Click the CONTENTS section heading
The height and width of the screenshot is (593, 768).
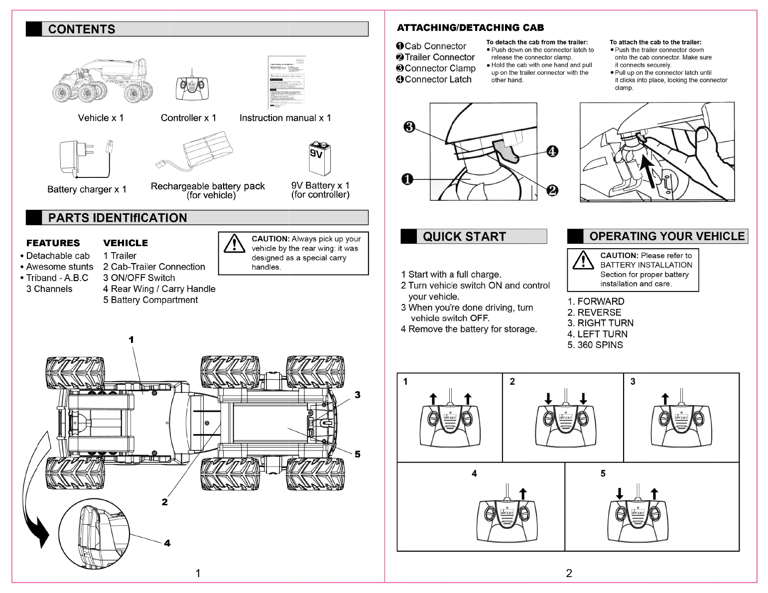coord(82,29)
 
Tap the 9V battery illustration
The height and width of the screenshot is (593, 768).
coord(319,158)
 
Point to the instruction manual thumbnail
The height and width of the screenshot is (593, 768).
coord(286,82)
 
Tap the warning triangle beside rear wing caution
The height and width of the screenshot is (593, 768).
coord(234,244)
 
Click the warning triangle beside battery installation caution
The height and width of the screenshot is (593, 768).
coord(583,260)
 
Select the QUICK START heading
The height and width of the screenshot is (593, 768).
coord(464,237)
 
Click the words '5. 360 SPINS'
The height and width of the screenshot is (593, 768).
coord(595,345)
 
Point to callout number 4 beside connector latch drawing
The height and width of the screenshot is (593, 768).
coord(552,151)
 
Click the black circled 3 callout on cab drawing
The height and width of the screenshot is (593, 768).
coord(409,127)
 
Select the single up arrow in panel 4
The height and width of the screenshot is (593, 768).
coord(523,493)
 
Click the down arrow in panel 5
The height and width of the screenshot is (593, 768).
coord(620,493)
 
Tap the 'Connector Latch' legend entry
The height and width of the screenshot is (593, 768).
coord(434,79)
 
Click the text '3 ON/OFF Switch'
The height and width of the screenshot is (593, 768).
coord(139,278)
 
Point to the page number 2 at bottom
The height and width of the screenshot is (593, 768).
coord(569,573)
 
